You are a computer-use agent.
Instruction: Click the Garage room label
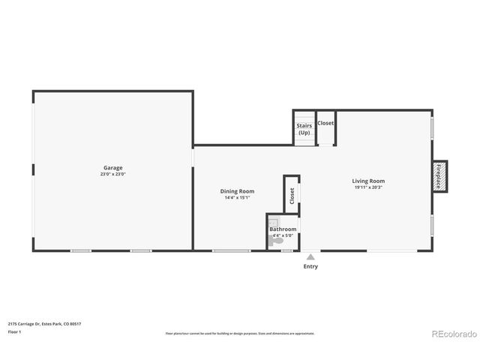[x=113, y=167]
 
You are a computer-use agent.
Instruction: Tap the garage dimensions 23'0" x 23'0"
[x=113, y=174]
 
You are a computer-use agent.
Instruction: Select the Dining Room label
[x=237, y=191]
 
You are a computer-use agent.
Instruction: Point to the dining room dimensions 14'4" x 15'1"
[x=237, y=198]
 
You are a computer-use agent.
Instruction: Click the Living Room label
[x=368, y=181]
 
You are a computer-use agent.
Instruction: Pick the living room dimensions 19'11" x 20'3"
[x=368, y=187]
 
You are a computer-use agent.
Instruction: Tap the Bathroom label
[x=283, y=229]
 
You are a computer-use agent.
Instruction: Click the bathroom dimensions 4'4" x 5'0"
[x=283, y=235]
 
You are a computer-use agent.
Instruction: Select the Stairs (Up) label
[x=304, y=129]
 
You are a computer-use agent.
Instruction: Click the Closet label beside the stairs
[x=325, y=123]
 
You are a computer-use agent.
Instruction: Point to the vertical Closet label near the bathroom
[x=292, y=196]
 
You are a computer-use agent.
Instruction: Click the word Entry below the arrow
[x=310, y=266]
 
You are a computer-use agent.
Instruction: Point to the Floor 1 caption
[x=14, y=331]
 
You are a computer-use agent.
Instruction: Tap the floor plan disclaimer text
[x=239, y=333]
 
